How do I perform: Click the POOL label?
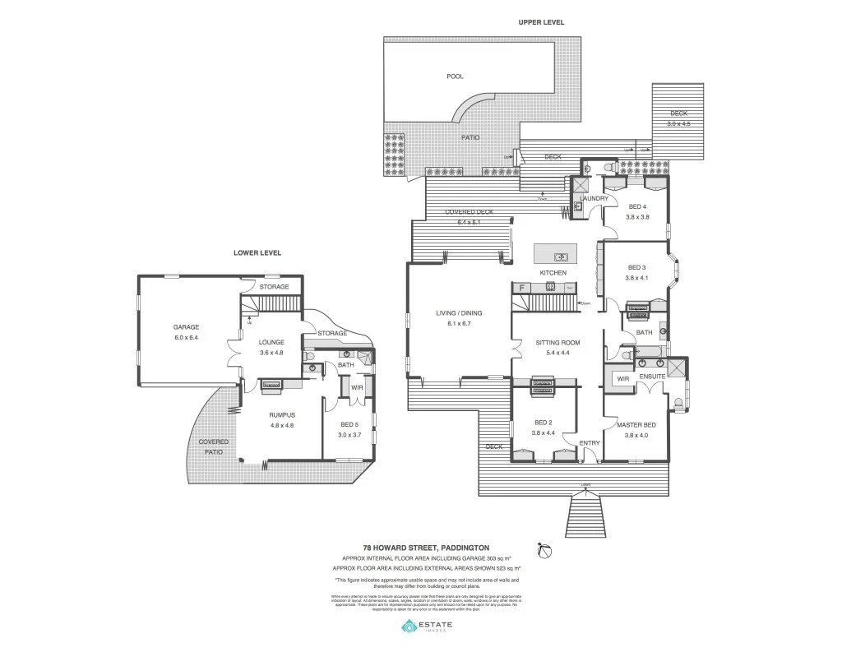pos(455,76)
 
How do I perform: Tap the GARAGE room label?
pos(186,326)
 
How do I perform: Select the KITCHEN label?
pos(553,272)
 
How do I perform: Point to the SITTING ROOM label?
pos(557,342)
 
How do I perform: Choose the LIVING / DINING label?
pos(459,313)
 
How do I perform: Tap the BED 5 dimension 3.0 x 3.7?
pos(349,434)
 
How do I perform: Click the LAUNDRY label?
pos(594,199)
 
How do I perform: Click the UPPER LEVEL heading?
pos(540,22)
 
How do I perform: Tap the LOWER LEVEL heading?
pos(257,253)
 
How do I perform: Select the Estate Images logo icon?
pos(409,627)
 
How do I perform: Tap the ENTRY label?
pos(589,443)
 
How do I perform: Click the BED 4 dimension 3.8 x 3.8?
pos(637,217)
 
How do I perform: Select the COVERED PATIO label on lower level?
pos(213,446)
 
